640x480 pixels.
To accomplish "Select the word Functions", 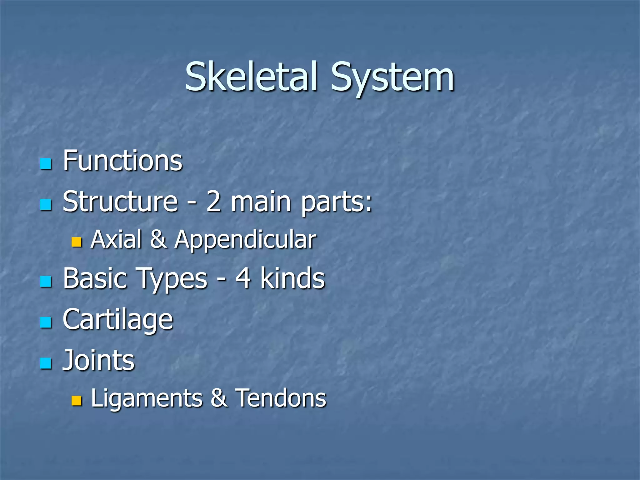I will point(122,161).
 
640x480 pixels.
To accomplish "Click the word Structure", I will point(120,202).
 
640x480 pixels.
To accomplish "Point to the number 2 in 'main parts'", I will point(214,202).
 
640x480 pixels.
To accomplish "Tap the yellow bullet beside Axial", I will point(76,242).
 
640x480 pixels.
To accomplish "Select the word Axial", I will point(117,239).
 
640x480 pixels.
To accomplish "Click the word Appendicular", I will point(245,240).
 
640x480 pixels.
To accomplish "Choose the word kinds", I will point(292,278).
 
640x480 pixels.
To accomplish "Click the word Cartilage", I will point(118,319).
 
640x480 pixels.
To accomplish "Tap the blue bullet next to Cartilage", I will point(46,322).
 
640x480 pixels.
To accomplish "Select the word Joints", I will point(98,360).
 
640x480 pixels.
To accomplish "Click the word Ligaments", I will point(147,398).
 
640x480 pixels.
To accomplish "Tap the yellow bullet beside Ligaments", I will point(76,401).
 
